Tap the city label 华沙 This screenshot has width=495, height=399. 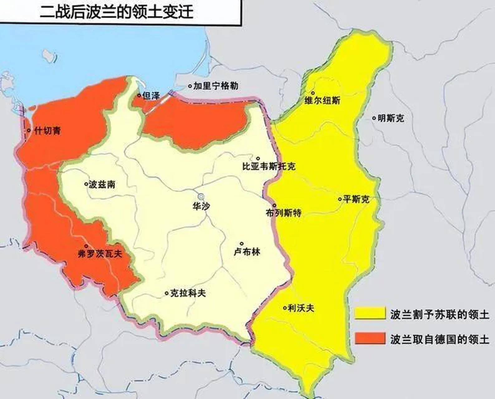pyautogui.click(x=201, y=206)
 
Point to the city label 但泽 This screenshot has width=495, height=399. pyautogui.click(x=151, y=96)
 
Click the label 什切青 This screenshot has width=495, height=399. pyautogui.click(x=47, y=131)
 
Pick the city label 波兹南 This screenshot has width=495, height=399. pyautogui.click(x=102, y=185)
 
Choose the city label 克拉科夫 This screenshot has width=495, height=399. pyautogui.click(x=188, y=293)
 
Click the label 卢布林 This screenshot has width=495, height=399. pyautogui.click(x=247, y=252)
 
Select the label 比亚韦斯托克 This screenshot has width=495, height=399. pyautogui.click(x=269, y=166)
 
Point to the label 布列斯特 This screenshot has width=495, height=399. pyautogui.click(x=284, y=213)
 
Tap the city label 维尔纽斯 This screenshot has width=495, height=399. pyautogui.click(x=322, y=101)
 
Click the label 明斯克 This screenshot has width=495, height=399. pyautogui.click(x=391, y=118)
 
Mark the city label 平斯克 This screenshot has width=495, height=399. pyautogui.click(x=356, y=199)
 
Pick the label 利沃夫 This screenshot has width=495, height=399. pyautogui.click(x=301, y=308)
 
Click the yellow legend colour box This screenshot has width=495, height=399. pyautogui.click(x=370, y=313)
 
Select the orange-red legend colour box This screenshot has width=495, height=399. pyautogui.click(x=370, y=338)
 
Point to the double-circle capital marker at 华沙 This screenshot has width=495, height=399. pyautogui.click(x=201, y=196)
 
